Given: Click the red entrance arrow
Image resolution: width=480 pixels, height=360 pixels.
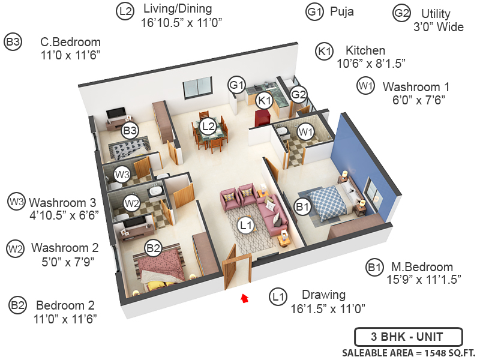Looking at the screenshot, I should pos(244,298).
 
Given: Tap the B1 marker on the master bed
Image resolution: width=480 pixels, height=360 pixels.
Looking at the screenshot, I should pos(302,208).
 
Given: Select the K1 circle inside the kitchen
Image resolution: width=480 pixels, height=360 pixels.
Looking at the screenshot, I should pos(264,101).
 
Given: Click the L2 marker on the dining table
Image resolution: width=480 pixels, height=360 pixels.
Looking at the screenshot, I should pos(209,127).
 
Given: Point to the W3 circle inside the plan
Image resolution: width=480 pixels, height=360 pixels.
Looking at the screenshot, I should pos(122,175).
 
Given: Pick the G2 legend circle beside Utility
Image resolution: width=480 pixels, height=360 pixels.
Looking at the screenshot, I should pos(401,13).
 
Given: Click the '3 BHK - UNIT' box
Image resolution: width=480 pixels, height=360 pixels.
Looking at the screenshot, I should pos(407,335).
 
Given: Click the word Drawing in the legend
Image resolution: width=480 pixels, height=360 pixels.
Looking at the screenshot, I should pos(323,295).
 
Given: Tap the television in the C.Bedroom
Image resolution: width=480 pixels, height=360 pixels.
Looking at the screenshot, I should pos(116,113).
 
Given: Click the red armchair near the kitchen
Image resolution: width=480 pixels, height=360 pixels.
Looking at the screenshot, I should pos(263,118).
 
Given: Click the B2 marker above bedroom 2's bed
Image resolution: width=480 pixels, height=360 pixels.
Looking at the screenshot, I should pos(154,247).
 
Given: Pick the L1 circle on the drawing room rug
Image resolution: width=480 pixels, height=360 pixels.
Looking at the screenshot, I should pos(245,226).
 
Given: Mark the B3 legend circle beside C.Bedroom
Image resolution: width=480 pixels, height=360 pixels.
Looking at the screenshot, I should pos(13,42).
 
